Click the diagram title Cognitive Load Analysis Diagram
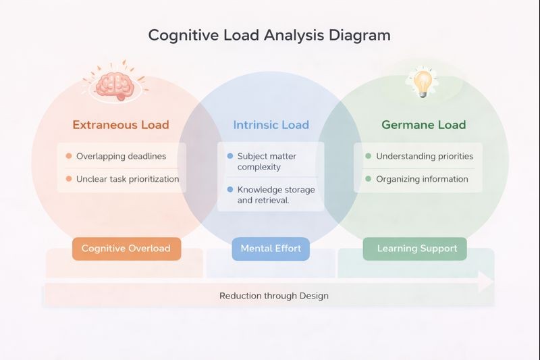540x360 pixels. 269,35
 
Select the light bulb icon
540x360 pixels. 423,82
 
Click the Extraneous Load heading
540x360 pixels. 121,125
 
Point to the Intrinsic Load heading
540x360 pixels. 271,125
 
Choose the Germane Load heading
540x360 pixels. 423,125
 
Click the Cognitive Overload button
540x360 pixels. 126,249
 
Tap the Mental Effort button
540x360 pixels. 271,249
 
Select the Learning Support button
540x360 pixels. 417,249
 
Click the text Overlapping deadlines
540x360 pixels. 121,156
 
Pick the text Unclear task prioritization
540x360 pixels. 128,179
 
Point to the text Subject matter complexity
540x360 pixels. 267,161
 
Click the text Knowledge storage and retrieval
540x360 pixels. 276,195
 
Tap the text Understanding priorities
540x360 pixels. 425,156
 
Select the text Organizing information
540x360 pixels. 422,179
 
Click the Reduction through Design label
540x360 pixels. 274,296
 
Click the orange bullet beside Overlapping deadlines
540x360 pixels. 68,156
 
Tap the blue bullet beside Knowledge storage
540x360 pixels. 230,190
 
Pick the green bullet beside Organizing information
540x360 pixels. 368,179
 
